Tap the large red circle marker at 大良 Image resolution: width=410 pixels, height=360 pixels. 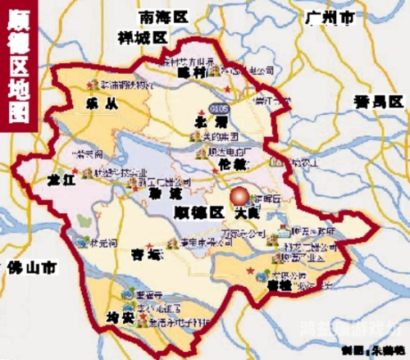pos(240,198)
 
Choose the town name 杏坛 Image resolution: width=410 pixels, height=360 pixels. pos(147,253)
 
